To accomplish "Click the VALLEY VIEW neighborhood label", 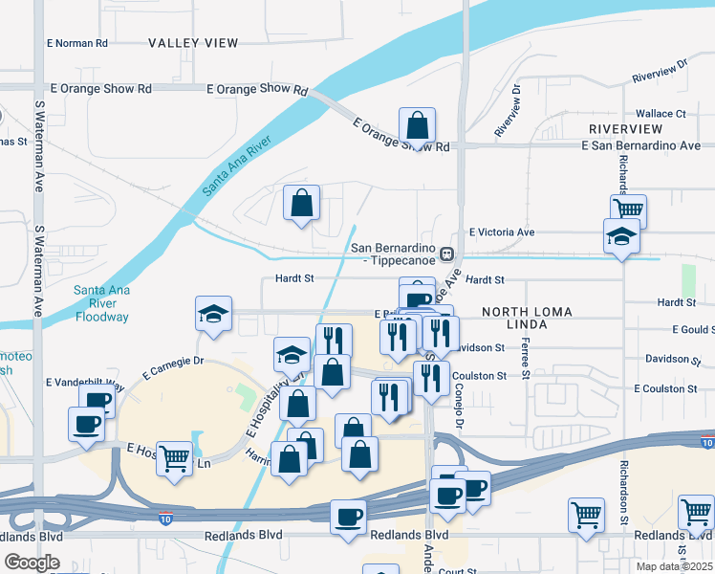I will (x=193, y=43).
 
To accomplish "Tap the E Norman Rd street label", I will (x=77, y=43).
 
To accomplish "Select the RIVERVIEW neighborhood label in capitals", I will (x=626, y=129).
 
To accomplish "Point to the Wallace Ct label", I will (x=661, y=114).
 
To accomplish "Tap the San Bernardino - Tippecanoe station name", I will (x=394, y=254).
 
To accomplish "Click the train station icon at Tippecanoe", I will (x=446, y=254).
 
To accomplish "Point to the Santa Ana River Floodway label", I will (x=101, y=303).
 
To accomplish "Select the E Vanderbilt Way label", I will (x=85, y=383).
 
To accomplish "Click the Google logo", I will (x=32, y=563).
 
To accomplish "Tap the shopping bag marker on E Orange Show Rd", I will (x=417, y=124).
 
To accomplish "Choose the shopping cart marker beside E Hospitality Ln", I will (x=174, y=457).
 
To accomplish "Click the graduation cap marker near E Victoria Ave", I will (x=621, y=235).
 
